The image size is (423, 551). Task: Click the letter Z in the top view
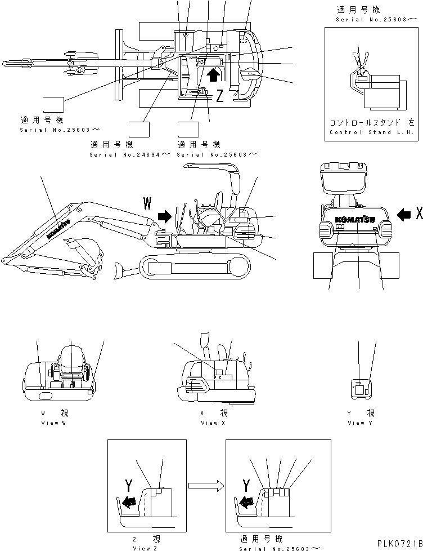220,96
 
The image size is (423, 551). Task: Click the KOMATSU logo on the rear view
357,219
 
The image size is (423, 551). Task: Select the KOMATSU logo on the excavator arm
58,228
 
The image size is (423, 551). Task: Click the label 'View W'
53,423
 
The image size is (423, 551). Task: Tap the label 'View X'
209,423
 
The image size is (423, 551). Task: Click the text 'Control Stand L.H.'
371,132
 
